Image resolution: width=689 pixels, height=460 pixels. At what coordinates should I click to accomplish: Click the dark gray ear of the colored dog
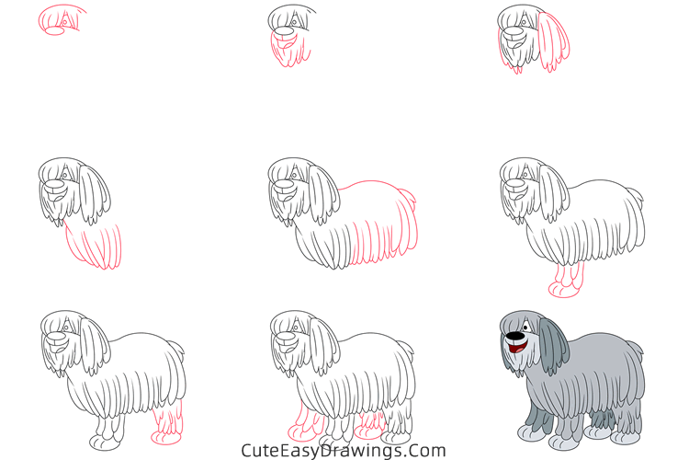click(x=549, y=348)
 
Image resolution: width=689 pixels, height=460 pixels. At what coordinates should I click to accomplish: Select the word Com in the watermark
click(x=428, y=451)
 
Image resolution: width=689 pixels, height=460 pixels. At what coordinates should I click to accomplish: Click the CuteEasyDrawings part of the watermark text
click(x=311, y=451)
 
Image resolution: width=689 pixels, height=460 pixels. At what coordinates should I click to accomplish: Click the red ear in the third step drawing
click(x=551, y=42)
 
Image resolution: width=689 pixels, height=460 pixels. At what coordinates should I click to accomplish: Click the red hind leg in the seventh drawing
click(x=167, y=420)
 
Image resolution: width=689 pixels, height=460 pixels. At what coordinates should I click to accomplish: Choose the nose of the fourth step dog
click(x=54, y=187)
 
